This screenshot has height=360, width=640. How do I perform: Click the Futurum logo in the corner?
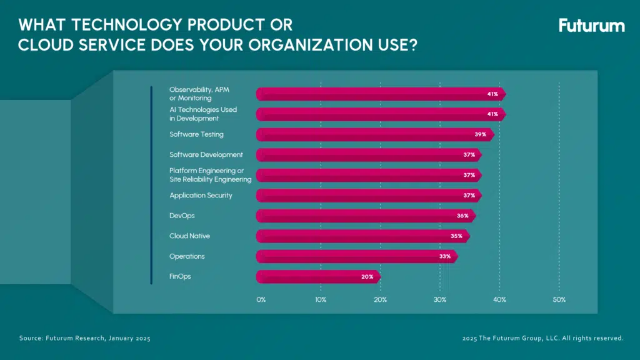[591, 26]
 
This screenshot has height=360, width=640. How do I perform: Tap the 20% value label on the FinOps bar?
[366, 277]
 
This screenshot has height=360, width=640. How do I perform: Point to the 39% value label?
[480, 134]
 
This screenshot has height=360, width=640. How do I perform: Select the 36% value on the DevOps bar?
[462, 216]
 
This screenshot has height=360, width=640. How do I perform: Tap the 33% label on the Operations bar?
[444, 256]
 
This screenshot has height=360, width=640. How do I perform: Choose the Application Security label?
[201, 196]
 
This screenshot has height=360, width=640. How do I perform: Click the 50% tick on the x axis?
[559, 300]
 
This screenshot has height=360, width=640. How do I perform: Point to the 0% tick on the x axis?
[261, 300]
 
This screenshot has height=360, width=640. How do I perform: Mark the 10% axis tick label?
[320, 300]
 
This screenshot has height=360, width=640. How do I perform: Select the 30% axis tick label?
[440, 300]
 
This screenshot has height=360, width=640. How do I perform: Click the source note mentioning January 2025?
[85, 338]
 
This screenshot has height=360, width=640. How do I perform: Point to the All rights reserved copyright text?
[542, 338]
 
